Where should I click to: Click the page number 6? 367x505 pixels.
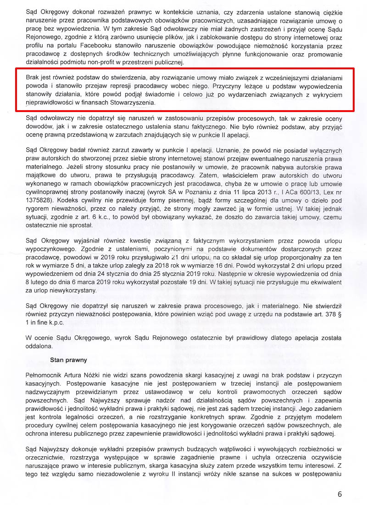[x=339, y=494]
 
